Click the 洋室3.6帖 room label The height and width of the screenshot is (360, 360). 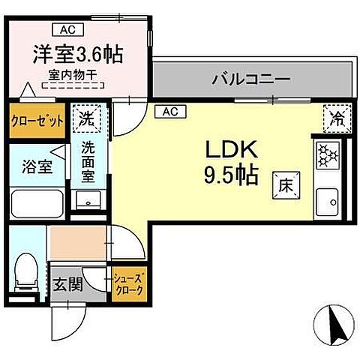[78, 55]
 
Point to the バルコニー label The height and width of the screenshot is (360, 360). [250, 77]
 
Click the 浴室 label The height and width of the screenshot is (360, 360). [36, 166]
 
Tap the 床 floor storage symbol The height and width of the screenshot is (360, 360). [285, 184]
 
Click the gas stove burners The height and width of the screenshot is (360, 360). [328, 155]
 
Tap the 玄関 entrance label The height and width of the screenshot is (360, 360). [67, 285]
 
